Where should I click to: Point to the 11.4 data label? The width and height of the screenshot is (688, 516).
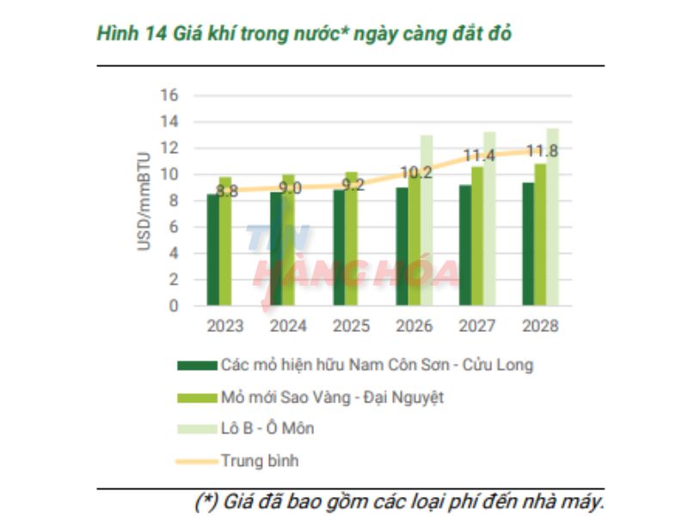coord(479,156)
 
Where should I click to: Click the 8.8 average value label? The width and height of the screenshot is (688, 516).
coord(227,191)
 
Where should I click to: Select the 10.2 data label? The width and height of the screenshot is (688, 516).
coord(416,172)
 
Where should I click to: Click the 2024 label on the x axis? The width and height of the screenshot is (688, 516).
coord(288,327)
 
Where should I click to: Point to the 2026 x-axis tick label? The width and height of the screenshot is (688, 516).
coord(415,327)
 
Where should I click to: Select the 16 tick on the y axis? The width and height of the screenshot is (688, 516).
coord(169,95)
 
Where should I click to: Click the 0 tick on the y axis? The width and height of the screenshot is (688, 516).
coord(173,305)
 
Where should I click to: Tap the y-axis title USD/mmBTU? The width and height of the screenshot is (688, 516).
coord(144,201)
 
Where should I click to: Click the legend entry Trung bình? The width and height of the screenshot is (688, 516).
coord(259,461)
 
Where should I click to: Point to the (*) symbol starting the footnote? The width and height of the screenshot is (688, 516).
coord(205,501)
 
